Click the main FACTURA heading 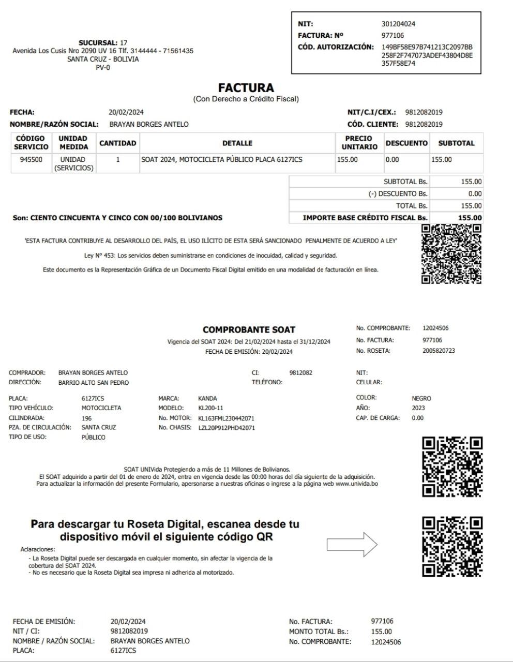pos(246,88)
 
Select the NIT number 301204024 pos(398,24)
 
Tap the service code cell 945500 pos(31,160)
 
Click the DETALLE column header pos(237,143)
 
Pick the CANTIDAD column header pos(118,143)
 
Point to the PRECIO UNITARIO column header pos(359,143)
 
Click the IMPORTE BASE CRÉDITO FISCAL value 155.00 pos(470,218)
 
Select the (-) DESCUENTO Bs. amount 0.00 pos(475,194)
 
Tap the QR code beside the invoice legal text pos(451,253)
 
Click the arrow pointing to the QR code pos(352,544)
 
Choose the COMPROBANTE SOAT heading pos(249,329)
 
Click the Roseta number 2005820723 pos(439,351)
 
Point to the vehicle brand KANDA pos(207,399)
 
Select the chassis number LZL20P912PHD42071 pos(227,428)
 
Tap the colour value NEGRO pos(421,399)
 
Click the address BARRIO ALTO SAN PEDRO pos(94,383)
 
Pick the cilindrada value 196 pos(86,418)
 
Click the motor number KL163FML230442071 pos(226,418)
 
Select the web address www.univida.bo pos(357,484)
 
